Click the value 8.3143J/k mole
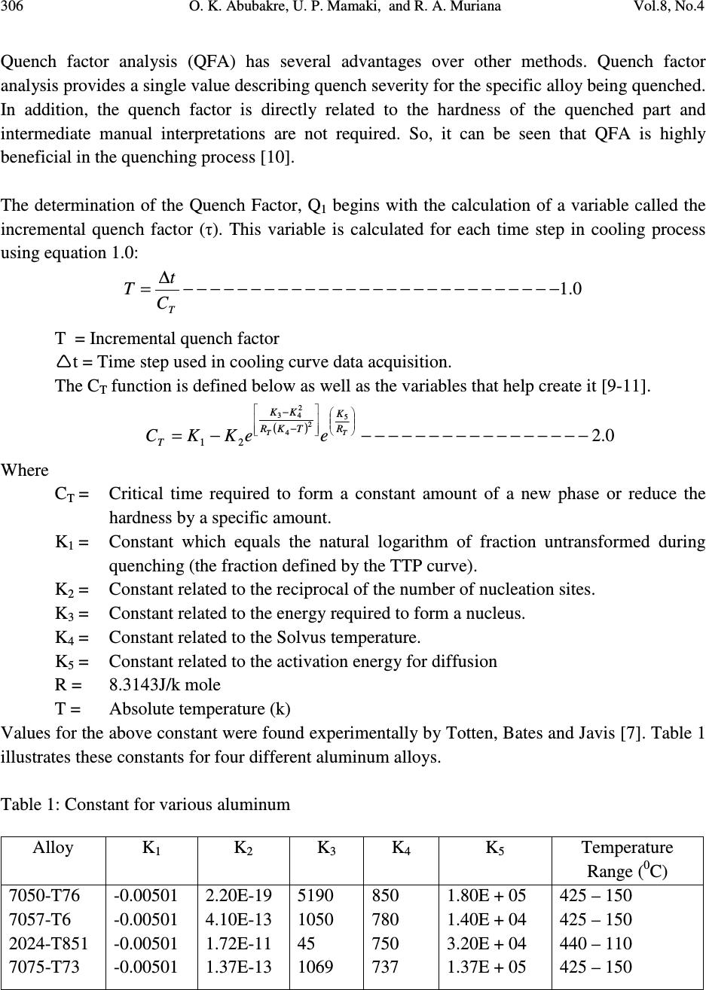(x=165, y=685)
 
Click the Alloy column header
(x=53, y=848)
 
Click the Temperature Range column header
(x=627, y=859)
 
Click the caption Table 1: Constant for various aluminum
(x=145, y=804)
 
